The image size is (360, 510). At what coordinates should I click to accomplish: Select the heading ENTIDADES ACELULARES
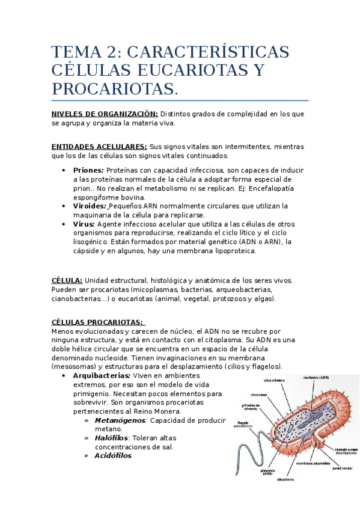[x=99, y=147]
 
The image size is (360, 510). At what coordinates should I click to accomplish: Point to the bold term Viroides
[x=90, y=206]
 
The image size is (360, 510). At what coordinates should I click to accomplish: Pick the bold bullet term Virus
[x=84, y=223]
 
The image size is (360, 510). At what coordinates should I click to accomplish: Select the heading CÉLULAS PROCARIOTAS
[x=97, y=322]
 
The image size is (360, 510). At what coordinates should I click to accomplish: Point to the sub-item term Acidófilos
[x=113, y=455]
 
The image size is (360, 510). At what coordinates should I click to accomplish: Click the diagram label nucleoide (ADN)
[x=316, y=378]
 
